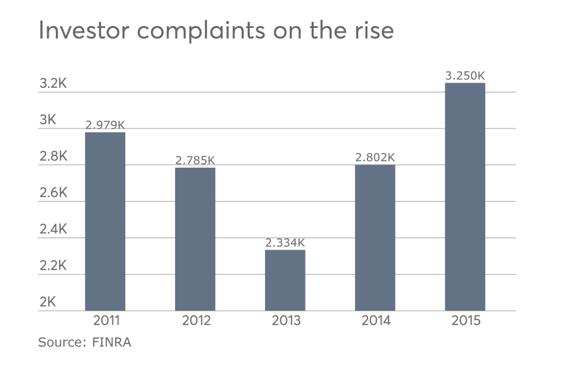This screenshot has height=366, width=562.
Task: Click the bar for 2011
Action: point(105,221)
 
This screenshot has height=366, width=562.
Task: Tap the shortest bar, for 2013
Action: point(285,279)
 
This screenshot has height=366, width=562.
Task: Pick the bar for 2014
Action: point(375,237)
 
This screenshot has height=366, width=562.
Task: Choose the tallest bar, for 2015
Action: point(465,196)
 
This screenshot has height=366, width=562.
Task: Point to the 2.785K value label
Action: point(195,160)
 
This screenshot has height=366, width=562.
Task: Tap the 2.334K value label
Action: point(285,243)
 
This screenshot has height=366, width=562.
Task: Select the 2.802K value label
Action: point(375,158)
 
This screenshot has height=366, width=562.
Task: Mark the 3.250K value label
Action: point(465,76)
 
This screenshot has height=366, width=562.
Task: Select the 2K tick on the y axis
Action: point(47,301)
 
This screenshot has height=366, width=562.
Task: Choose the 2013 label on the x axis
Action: point(285,321)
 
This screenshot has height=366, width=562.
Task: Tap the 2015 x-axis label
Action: point(465,321)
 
